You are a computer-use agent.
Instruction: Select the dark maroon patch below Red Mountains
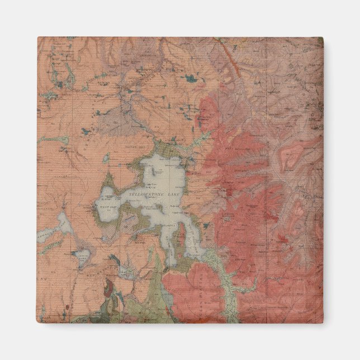[110, 287]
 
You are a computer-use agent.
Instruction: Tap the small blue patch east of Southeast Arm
[206, 226]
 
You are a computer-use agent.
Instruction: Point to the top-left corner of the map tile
[39, 38]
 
